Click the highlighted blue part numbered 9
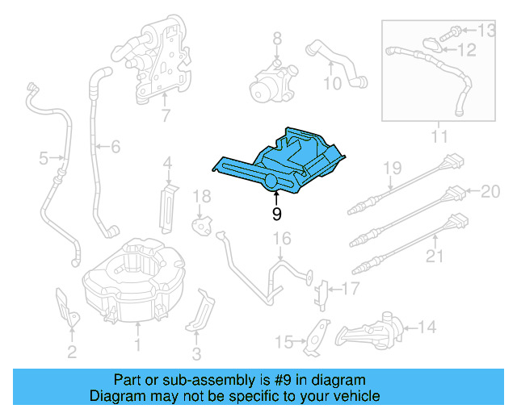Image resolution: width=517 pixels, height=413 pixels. click(x=283, y=161)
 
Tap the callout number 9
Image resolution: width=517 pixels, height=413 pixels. click(x=277, y=214)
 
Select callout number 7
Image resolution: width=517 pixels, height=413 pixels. click(x=166, y=115)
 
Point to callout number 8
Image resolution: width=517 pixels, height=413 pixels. click(x=277, y=38)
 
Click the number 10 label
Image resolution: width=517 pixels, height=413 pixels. click(x=333, y=83)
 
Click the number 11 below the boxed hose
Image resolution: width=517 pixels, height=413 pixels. click(x=439, y=137)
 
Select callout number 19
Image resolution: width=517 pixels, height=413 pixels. click(x=392, y=168)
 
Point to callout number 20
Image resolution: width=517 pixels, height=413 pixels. click(x=491, y=191)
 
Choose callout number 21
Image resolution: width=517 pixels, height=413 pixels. click(x=435, y=257)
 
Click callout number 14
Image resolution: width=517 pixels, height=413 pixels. click(x=427, y=327)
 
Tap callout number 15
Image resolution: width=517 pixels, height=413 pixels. click(x=284, y=343)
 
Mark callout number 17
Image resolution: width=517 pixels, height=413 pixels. click(x=349, y=288)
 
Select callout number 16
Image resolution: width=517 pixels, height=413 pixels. click(x=280, y=238)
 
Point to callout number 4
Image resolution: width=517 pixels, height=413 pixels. click(x=167, y=164)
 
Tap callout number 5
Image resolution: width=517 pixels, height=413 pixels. click(x=44, y=159)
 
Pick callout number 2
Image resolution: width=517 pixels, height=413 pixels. click(x=72, y=351)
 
